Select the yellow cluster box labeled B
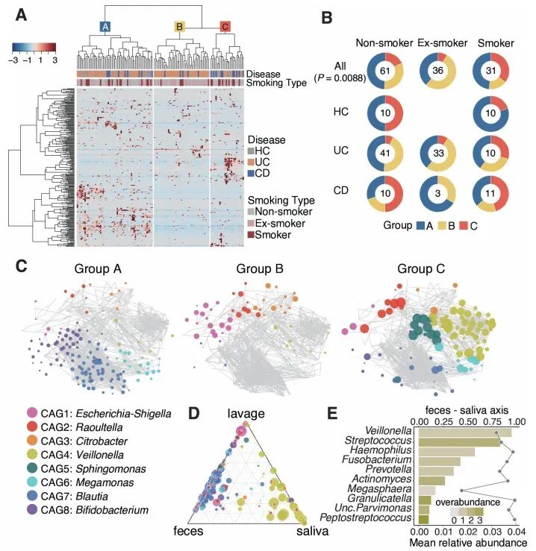coord(179,28)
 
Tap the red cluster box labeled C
coord(225,28)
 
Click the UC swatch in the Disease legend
coord(252,162)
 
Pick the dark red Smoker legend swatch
coord(252,235)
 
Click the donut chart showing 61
coord(386,70)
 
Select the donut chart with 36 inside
coord(438,70)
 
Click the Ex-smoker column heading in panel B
coord(438,42)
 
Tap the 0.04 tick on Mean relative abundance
coord(517,533)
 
